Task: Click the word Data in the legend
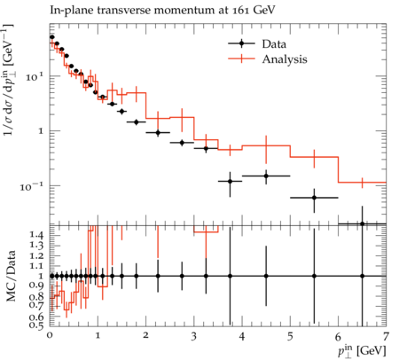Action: [x=274, y=44]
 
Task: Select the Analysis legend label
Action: [x=285, y=59]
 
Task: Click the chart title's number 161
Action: [x=241, y=10]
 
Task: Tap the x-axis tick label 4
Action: [x=242, y=337]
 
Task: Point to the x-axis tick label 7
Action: [x=386, y=337]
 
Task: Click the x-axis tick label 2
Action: [x=145, y=336]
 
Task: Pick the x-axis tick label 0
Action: [x=50, y=336]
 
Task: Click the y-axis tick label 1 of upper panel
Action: [x=41, y=130]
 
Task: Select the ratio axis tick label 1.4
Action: [x=36, y=236]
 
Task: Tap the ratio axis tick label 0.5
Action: [x=36, y=325]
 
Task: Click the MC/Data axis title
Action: [x=11, y=276]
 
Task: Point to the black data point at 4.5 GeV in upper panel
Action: [x=266, y=176]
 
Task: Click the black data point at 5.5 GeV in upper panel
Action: [x=314, y=198]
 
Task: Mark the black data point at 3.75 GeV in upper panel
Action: [x=230, y=181]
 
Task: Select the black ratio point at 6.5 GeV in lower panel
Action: [x=363, y=276]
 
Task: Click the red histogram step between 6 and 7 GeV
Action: [x=363, y=183]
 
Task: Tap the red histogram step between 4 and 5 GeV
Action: [x=266, y=145]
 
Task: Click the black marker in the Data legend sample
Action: [x=241, y=43]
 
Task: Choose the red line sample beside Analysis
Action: [x=241, y=59]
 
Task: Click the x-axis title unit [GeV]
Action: [x=372, y=350]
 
